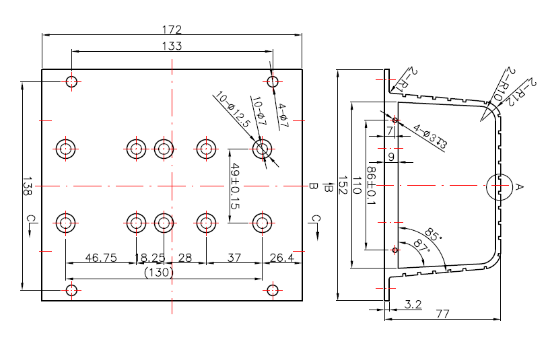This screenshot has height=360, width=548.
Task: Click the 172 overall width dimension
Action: point(172,30)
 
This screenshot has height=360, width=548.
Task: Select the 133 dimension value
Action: point(172,46)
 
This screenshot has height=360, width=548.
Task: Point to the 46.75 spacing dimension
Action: point(99,258)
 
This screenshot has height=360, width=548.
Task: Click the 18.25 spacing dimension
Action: point(150,258)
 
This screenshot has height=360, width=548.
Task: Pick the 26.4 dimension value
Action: point(281,258)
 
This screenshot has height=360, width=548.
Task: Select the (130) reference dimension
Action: point(160,273)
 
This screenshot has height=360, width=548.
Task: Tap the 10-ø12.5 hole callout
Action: point(232,111)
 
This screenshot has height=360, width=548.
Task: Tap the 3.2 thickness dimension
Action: point(413,305)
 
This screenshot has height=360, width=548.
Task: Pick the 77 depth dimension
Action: point(442,314)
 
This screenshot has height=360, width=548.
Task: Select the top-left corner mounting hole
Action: point(71,82)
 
